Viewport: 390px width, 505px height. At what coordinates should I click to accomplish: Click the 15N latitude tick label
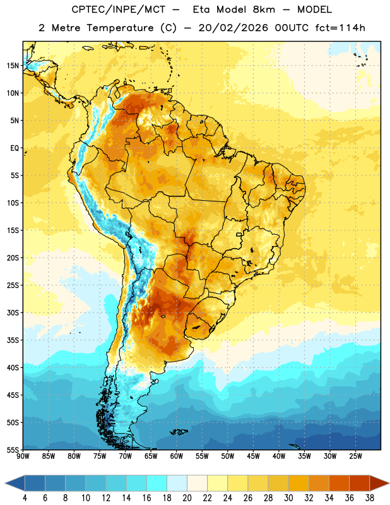[13, 66]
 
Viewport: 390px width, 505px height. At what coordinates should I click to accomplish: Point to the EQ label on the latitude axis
[15, 148]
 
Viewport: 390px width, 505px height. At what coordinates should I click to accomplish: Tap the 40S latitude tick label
[13, 367]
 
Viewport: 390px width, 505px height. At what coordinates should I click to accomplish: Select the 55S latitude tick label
[13, 449]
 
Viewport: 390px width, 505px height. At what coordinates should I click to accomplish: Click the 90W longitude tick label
[23, 456]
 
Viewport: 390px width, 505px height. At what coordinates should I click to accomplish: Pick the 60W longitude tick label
[177, 456]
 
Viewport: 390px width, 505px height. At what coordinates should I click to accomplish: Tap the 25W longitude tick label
[355, 456]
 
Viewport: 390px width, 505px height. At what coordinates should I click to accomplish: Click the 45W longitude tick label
[253, 456]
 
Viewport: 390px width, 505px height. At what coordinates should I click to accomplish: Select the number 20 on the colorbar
[187, 498]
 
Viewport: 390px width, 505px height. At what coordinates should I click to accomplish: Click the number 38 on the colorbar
[369, 498]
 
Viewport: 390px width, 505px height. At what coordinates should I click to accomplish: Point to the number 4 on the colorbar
[25, 498]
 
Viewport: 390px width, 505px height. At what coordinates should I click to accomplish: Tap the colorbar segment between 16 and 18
[157, 483]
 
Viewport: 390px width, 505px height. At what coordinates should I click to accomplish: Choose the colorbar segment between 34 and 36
[339, 483]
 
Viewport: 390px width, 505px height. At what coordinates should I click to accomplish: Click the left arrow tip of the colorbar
[5, 483]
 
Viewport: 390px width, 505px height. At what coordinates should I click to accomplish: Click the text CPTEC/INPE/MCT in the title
[118, 9]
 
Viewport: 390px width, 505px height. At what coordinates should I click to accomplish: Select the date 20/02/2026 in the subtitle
[233, 28]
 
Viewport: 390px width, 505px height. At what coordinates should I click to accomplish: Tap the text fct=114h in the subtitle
[340, 28]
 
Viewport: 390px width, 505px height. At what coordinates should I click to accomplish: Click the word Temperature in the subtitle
[120, 28]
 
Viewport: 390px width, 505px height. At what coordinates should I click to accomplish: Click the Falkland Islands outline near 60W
[179, 432]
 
